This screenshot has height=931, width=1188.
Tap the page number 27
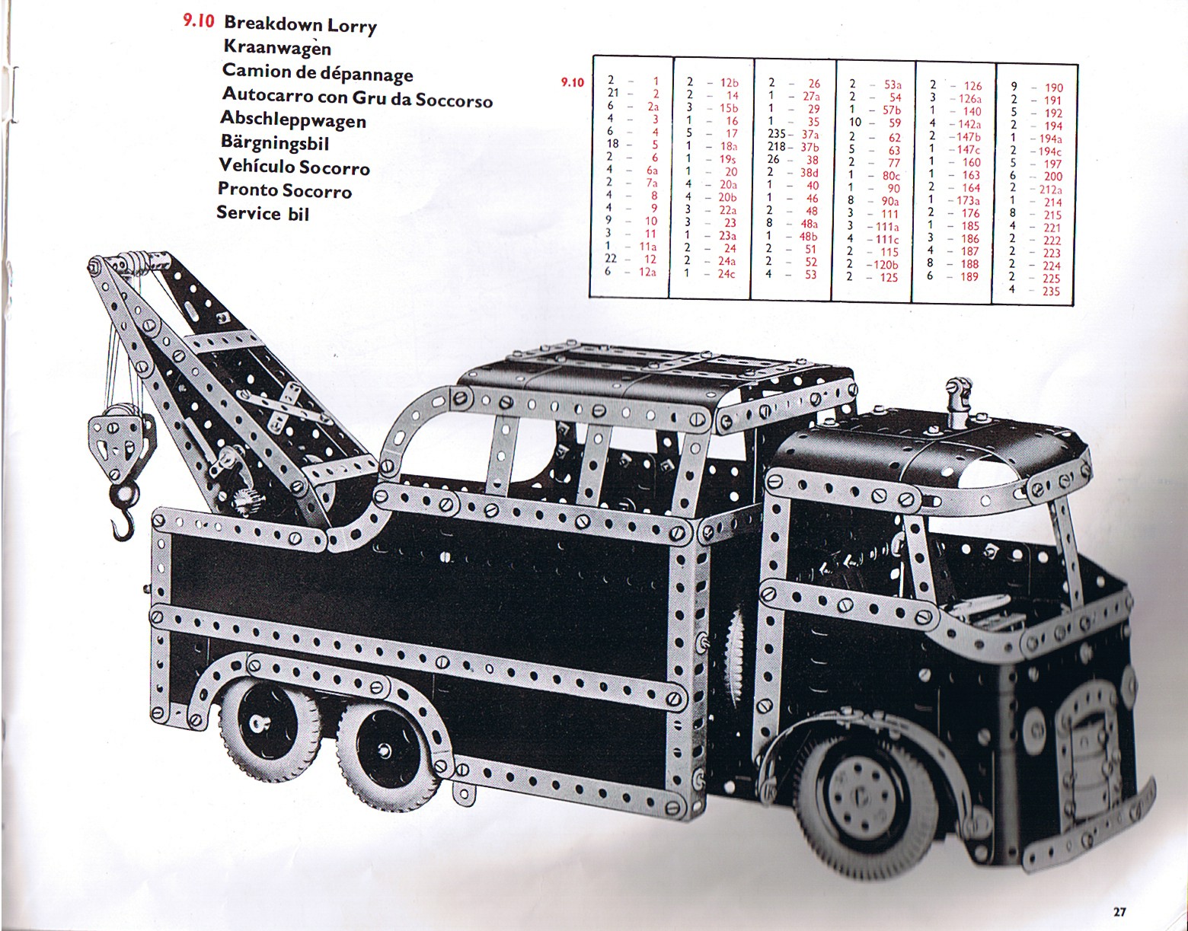1119,911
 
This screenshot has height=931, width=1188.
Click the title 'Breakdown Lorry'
300,25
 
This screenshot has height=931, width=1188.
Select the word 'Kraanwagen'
277,48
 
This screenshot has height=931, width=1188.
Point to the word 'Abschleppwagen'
293,120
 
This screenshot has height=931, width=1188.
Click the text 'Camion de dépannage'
317,72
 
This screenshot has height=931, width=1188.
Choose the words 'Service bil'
263,212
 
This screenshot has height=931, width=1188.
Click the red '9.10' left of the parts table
572,82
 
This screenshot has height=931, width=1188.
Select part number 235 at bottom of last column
1052,292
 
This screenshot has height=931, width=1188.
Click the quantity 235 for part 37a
777,135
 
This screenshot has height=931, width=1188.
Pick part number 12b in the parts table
730,82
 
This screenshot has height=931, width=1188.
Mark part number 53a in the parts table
893,84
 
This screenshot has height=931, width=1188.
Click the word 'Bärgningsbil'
274,142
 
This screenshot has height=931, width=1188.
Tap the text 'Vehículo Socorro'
294,167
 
